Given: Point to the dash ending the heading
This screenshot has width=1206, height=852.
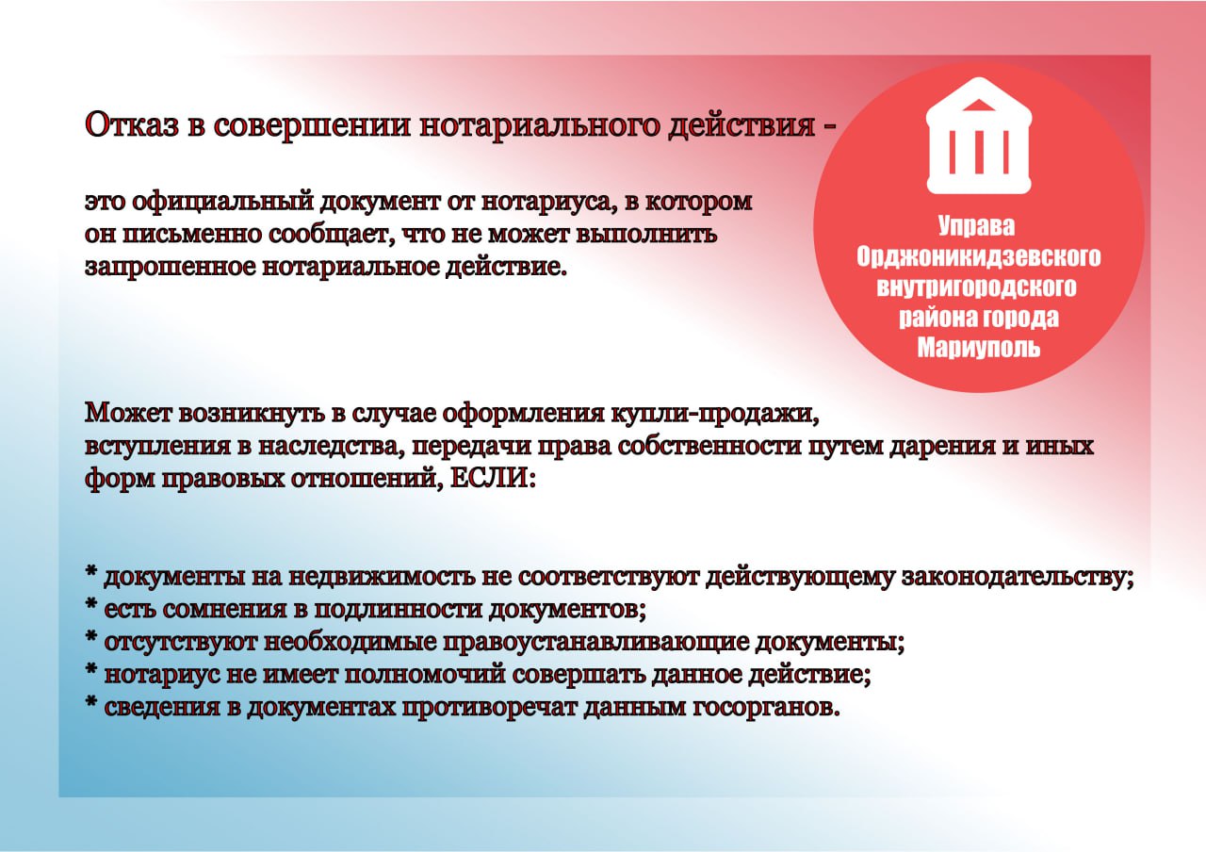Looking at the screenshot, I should tap(829, 126).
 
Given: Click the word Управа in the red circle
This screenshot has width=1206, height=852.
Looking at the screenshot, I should tap(979, 226).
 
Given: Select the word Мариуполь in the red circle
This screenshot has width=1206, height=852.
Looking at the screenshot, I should tap(979, 348).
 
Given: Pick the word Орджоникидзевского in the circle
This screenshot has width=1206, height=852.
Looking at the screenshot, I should tap(979, 256).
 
